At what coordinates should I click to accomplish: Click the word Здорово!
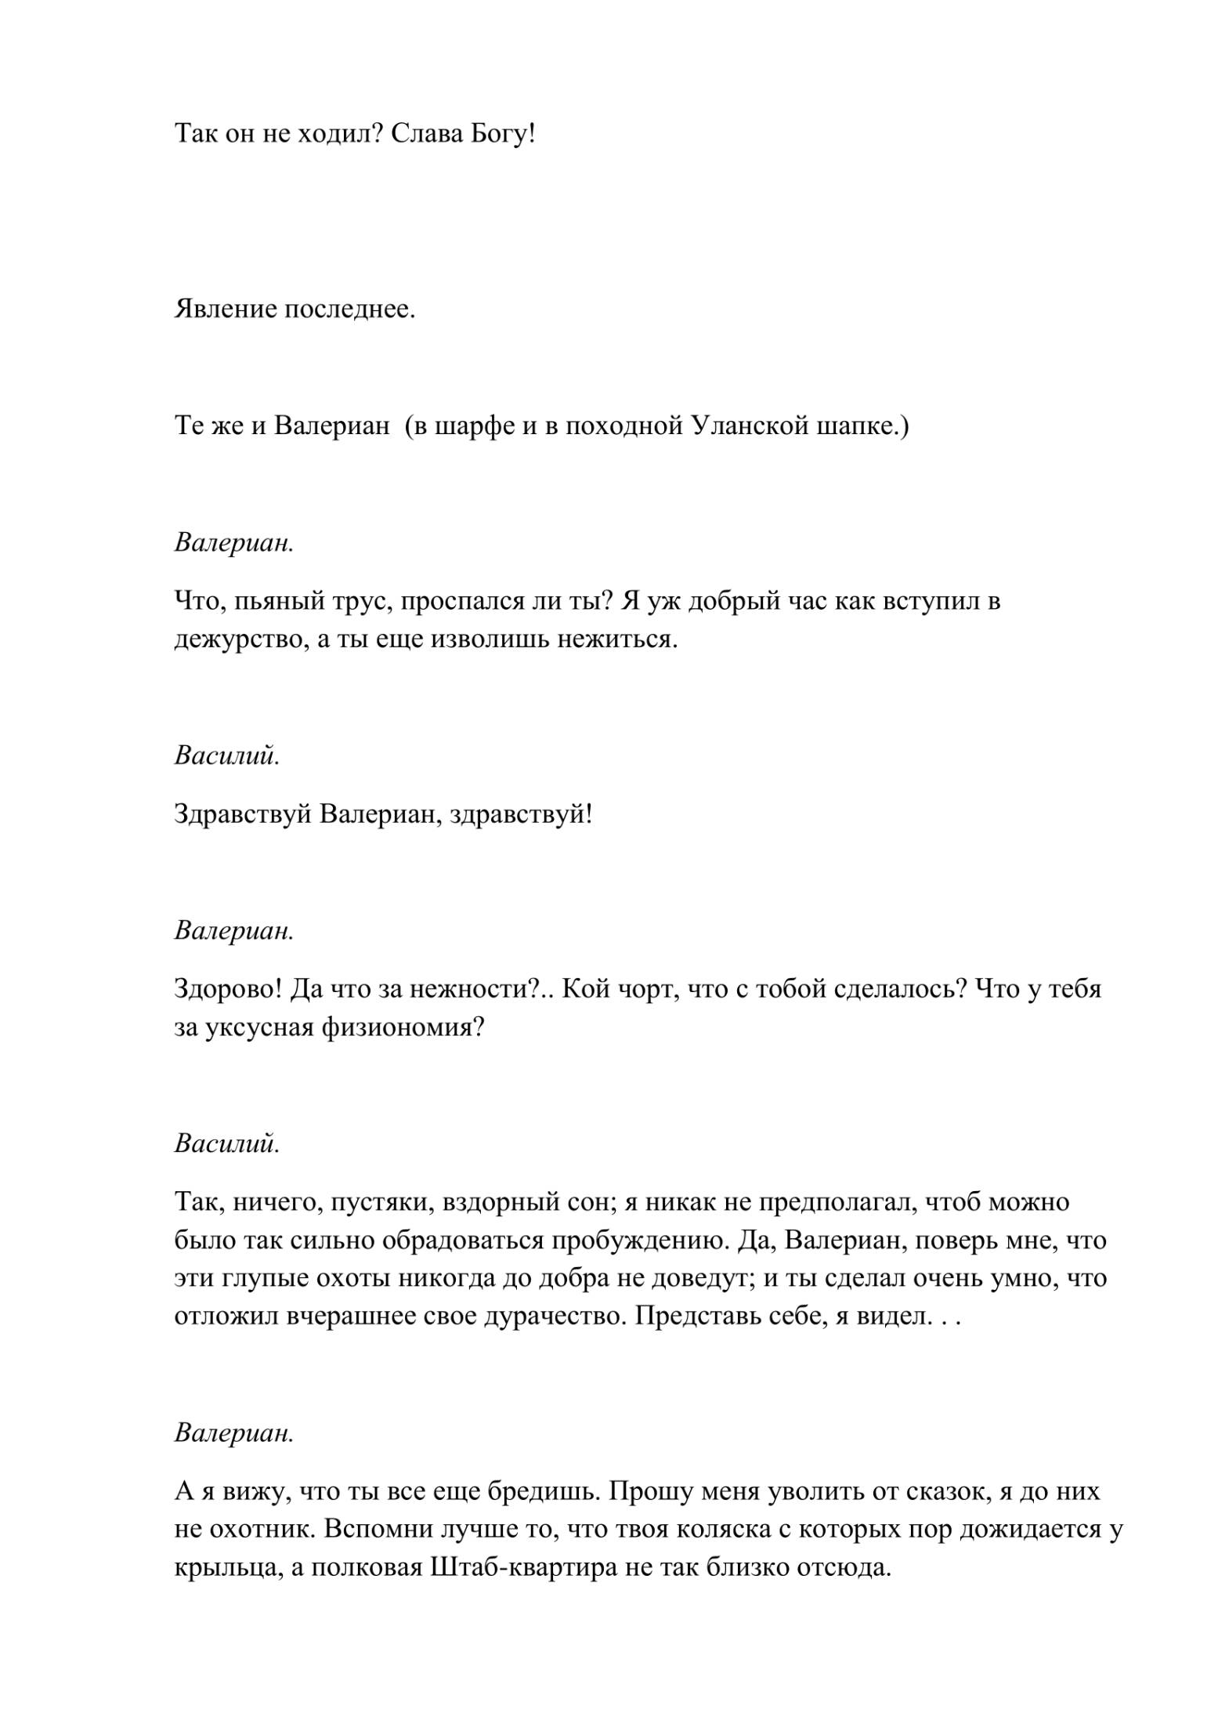point(227,990)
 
